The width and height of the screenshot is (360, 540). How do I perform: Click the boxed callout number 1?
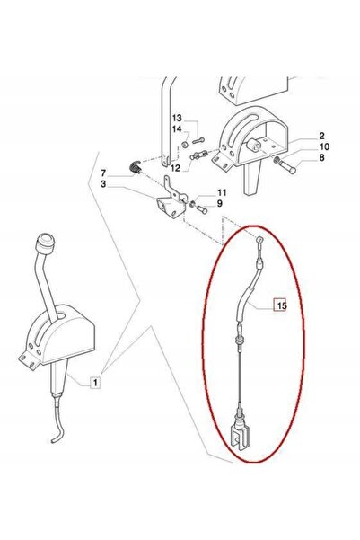tap(95, 382)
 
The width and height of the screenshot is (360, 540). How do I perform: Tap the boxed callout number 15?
tap(280, 305)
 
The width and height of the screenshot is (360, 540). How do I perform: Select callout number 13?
tap(177, 118)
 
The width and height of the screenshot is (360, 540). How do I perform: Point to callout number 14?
tap(177, 129)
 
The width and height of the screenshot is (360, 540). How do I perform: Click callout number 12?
tap(175, 168)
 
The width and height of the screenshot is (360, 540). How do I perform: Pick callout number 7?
tap(103, 173)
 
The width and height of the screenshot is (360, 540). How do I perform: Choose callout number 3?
tap(103, 184)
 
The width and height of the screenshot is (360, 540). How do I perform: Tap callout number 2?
tap(321, 136)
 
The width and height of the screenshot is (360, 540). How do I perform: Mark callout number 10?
tap(324, 146)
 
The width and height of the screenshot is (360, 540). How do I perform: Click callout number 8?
tap(321, 158)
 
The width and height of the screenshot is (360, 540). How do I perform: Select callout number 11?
tap(222, 192)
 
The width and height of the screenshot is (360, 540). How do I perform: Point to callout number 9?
tap(220, 204)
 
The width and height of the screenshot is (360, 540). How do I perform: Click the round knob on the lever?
tap(46, 242)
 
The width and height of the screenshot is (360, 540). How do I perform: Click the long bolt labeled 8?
tap(287, 167)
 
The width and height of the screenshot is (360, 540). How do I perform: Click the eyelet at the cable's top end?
tap(259, 240)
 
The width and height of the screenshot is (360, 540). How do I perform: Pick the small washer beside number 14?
tap(185, 144)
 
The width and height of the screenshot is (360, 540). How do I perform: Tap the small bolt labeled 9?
tap(202, 209)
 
